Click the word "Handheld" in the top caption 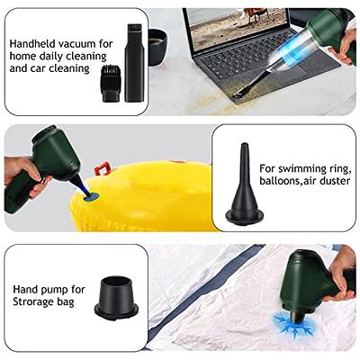point(32,44)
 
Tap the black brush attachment point(111,83)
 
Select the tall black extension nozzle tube point(134,62)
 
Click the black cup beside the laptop point(157,47)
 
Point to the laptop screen point(238,26)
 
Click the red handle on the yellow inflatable point(103,168)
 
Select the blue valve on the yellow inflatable point(92,197)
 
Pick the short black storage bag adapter point(116,298)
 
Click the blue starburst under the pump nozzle point(294,325)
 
